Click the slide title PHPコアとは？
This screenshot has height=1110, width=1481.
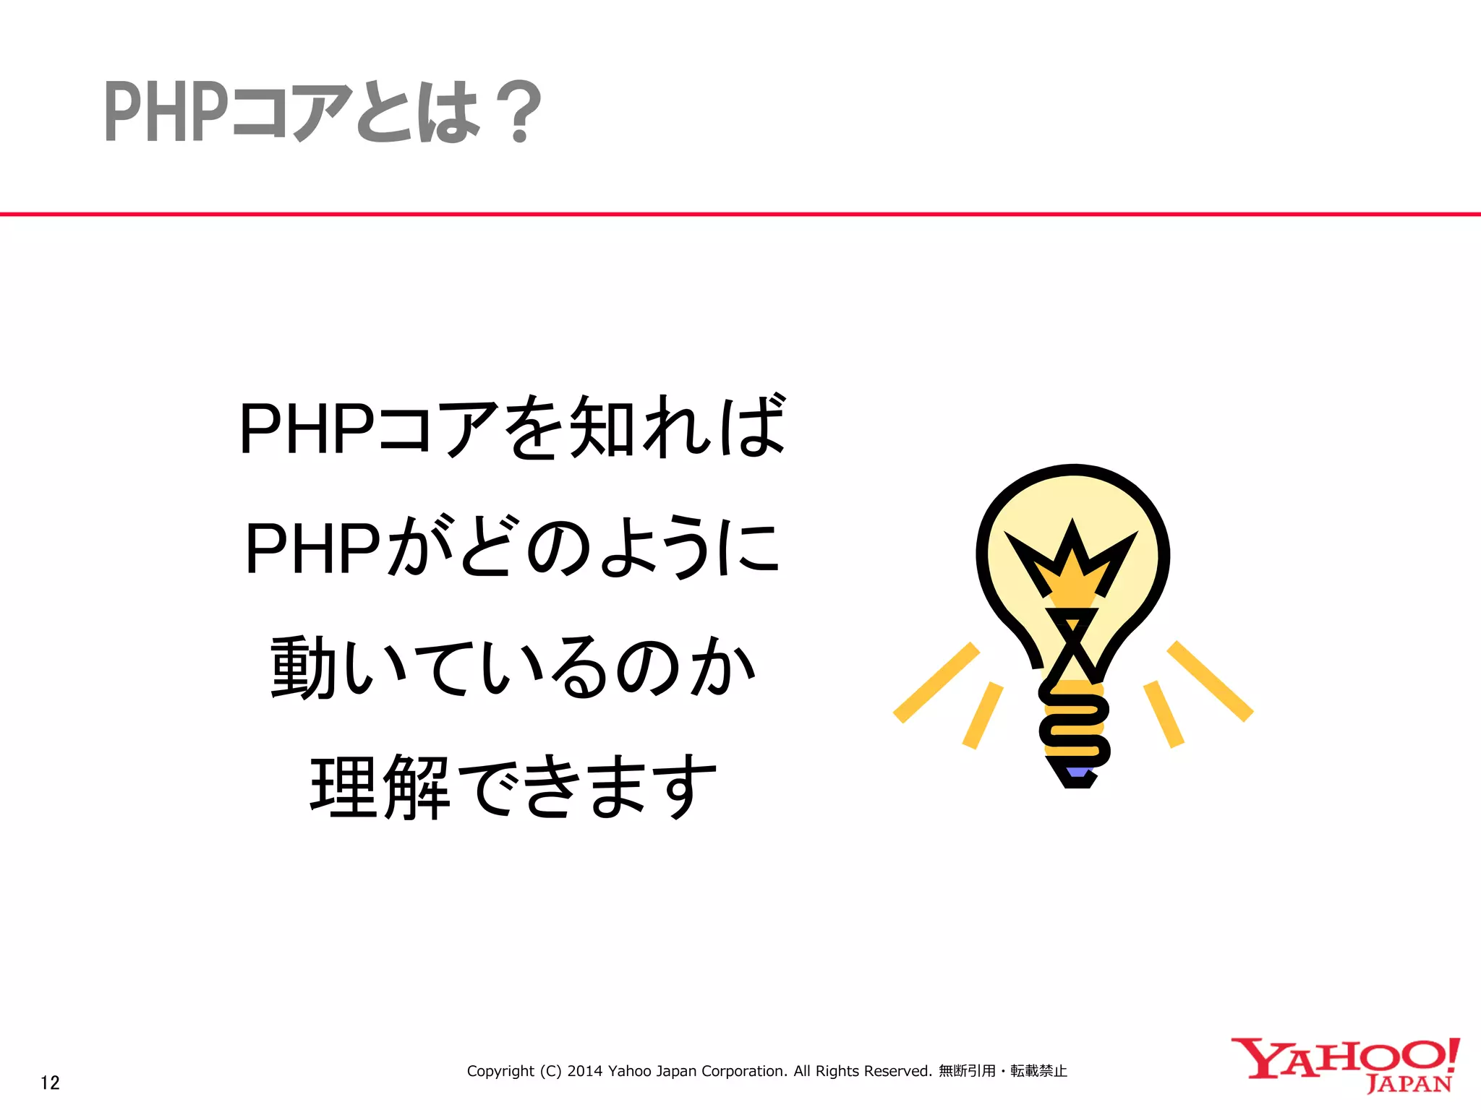click(323, 112)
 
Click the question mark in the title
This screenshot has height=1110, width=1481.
click(520, 112)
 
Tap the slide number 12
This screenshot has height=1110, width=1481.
click(50, 1082)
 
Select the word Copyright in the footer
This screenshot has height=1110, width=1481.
click(500, 1071)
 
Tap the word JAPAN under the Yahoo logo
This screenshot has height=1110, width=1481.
click(1409, 1085)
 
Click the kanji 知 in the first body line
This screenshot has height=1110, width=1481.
click(602, 428)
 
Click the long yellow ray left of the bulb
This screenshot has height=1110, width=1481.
click(936, 682)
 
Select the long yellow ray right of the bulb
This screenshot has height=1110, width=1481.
click(1210, 681)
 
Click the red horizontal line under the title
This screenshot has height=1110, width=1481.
click(740, 214)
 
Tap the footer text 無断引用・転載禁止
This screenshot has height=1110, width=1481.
click(1002, 1071)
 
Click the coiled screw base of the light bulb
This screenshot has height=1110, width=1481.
click(1074, 723)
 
